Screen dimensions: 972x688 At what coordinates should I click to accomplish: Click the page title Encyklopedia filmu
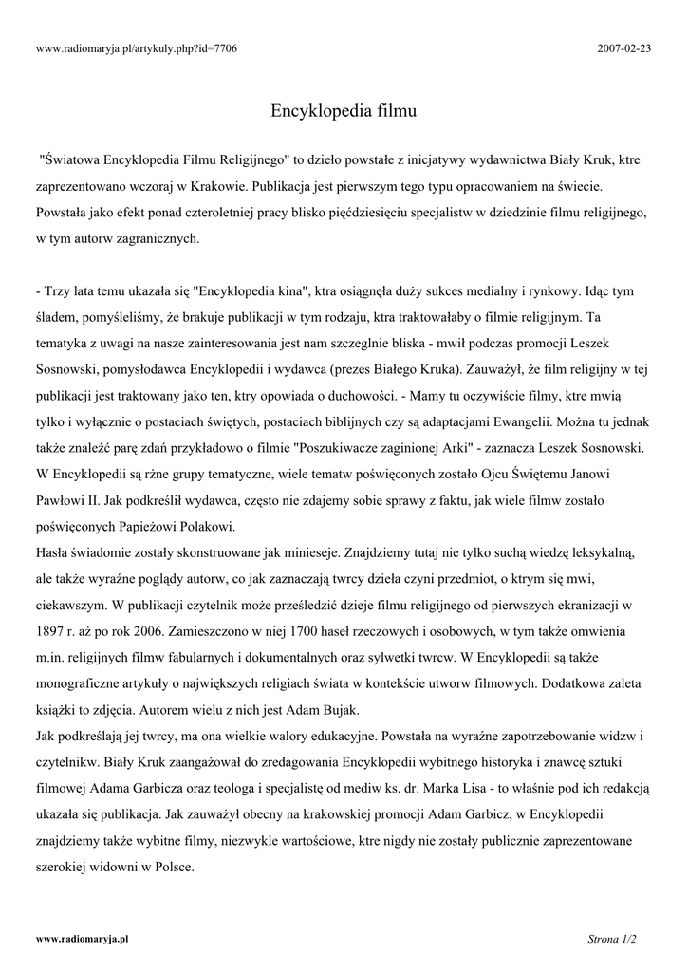(344, 112)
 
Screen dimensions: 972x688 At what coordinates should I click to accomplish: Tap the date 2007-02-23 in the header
(625, 47)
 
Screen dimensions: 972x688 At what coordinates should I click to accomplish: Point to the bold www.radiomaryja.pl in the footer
(82, 939)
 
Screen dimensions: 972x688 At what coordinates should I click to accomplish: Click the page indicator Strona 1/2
(612, 939)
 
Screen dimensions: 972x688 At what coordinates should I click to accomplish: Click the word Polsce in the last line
(172, 866)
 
